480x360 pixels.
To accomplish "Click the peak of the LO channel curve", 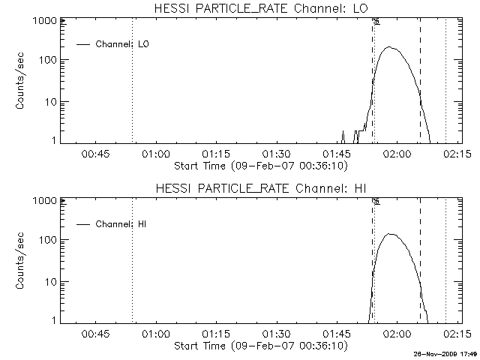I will coord(388,47).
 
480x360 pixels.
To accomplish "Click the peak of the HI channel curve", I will coord(390,234).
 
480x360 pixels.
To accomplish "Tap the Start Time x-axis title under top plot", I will coord(259,166).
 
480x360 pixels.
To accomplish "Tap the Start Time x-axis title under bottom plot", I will coord(259,346).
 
